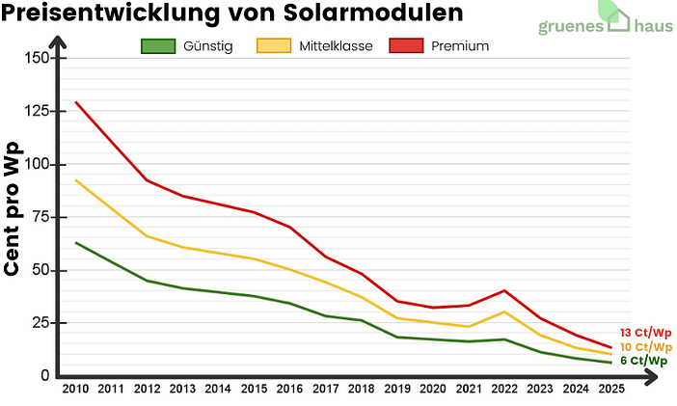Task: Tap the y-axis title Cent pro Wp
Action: [x=14, y=207]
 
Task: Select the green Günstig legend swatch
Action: [x=158, y=46]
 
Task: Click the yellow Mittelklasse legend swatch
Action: [x=273, y=46]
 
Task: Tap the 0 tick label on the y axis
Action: [x=44, y=375]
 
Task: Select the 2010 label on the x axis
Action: [x=75, y=390]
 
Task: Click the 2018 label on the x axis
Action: [x=361, y=390]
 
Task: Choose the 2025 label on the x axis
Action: [x=610, y=390]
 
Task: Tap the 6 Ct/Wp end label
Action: [x=644, y=361]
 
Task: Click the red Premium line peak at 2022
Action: [x=503, y=290]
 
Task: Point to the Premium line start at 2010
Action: [x=75, y=102]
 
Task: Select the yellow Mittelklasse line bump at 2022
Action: [x=503, y=311]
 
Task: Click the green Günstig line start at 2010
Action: [x=75, y=242]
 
